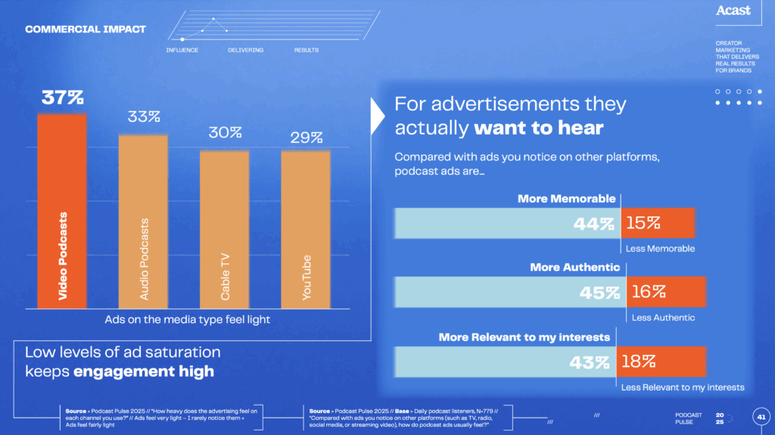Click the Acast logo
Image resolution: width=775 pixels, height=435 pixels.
click(733, 11)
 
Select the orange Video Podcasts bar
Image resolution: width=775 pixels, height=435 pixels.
click(62, 212)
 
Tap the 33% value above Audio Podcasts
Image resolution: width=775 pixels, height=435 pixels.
click(143, 117)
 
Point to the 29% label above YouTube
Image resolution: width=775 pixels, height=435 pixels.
click(306, 137)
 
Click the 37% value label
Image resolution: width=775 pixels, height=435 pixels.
click(62, 98)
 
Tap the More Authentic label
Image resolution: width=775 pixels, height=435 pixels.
click(574, 267)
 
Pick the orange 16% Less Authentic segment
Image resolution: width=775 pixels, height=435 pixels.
click(666, 292)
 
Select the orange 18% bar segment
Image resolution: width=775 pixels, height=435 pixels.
click(661, 362)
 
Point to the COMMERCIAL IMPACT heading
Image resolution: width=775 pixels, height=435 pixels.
click(86, 30)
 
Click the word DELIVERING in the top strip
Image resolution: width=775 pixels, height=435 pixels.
click(245, 50)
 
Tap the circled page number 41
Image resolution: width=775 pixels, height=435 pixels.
click(761, 416)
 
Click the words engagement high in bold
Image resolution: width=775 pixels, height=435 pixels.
click(143, 371)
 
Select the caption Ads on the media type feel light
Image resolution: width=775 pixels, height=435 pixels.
click(187, 319)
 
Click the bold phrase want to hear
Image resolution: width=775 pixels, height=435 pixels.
click(538, 128)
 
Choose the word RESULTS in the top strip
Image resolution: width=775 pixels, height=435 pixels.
click(306, 50)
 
